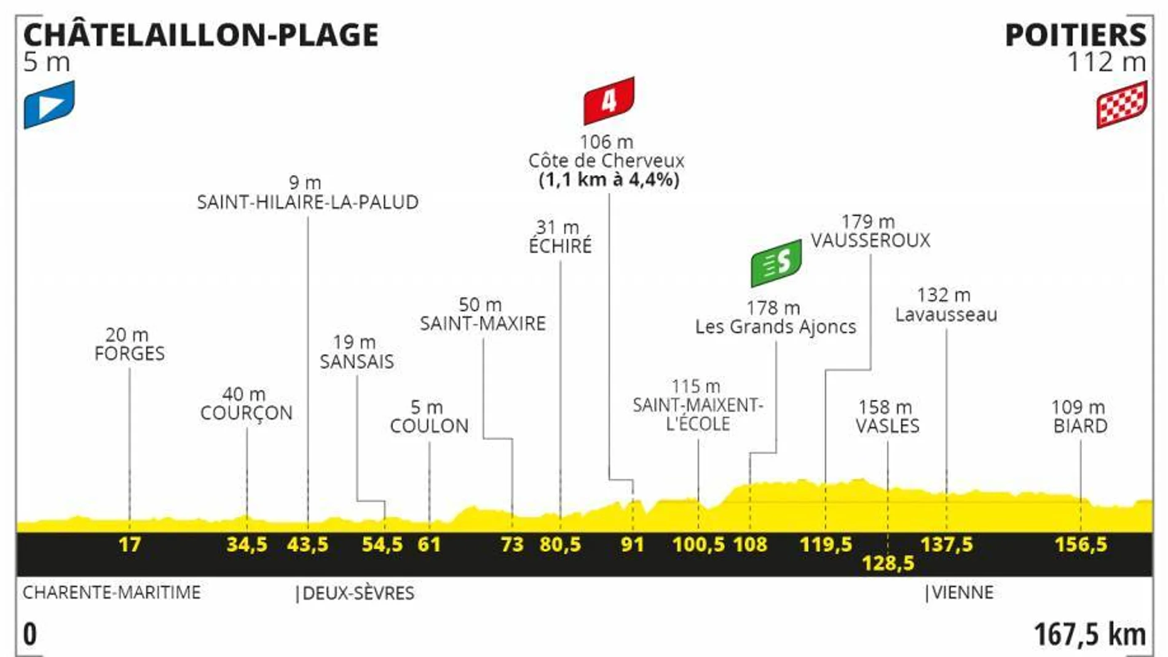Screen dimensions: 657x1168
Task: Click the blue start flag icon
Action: [49, 104]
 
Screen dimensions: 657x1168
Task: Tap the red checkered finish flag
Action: [1121, 104]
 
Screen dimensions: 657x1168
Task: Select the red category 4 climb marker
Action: [609, 100]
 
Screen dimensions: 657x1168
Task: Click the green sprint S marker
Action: [776, 263]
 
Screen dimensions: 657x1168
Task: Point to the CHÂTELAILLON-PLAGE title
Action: [201, 35]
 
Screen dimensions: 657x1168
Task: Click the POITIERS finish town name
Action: [1075, 35]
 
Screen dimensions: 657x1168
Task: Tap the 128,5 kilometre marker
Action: [888, 563]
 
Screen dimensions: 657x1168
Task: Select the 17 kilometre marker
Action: [130, 545]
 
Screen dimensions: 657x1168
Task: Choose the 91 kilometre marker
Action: [632, 545]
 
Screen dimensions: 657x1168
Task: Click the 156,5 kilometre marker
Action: [1081, 545]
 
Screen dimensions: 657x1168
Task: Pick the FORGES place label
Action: [130, 353]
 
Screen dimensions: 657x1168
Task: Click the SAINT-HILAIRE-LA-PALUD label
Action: [307, 202]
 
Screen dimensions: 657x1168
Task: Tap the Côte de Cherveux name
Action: [606, 161]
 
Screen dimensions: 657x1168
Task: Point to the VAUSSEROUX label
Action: [870, 240]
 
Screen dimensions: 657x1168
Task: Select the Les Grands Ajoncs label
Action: [775, 327]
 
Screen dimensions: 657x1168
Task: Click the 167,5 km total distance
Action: [1089, 634]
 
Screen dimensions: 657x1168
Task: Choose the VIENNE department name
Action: [962, 592]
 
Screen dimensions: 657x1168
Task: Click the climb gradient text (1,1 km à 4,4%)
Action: [609, 180]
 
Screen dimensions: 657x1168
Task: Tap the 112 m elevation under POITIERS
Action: [1106, 63]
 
